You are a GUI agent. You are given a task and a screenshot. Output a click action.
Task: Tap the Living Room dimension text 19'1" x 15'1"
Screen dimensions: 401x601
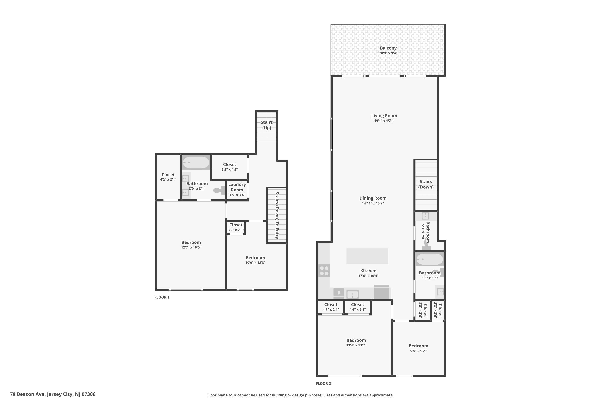point(384,121)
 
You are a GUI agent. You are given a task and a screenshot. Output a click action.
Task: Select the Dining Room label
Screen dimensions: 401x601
point(373,198)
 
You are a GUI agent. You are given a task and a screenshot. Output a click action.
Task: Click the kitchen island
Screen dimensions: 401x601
point(367,256)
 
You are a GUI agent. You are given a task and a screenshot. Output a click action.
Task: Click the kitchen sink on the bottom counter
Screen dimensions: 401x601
point(352,294)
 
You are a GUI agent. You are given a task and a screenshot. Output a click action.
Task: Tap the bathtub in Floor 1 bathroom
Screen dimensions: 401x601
point(196,163)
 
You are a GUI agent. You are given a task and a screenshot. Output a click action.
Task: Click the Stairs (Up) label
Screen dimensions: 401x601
point(266,125)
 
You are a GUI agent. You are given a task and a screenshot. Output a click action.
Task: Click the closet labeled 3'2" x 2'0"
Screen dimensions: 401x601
point(236,227)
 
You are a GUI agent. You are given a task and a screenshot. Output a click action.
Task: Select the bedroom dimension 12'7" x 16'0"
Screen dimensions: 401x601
point(191,247)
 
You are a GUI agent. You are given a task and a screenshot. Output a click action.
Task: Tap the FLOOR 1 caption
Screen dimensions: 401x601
point(162,297)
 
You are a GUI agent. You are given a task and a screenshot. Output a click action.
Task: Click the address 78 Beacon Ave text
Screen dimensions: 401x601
point(53,394)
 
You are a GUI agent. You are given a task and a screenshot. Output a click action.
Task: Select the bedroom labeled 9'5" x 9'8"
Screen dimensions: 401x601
point(418,348)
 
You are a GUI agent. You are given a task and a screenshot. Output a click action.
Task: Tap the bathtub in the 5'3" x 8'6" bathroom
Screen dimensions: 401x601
point(429,259)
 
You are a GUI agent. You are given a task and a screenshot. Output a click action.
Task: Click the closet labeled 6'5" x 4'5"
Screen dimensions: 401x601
point(229,167)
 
